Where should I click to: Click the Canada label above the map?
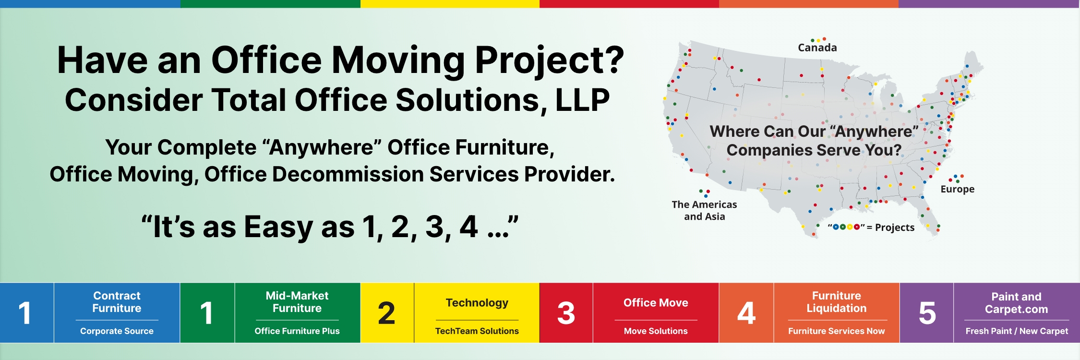click(817, 48)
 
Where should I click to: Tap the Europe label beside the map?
click(957, 189)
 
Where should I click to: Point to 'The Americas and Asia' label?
click(704, 210)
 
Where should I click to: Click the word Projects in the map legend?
click(895, 228)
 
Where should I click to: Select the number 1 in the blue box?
click(25, 313)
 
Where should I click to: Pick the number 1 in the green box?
click(206, 313)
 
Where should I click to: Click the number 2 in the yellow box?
click(386, 313)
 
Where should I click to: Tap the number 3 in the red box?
click(566, 313)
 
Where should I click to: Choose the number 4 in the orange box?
click(746, 313)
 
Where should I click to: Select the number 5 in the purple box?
click(927, 313)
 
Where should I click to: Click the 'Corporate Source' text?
click(117, 331)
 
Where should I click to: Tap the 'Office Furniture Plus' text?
click(297, 331)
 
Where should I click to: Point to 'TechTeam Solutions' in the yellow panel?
click(477, 331)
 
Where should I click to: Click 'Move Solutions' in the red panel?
click(656, 331)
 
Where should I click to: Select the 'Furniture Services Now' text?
click(836, 331)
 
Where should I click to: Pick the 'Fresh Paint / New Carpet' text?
click(1017, 331)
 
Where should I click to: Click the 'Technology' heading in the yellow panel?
click(477, 303)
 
